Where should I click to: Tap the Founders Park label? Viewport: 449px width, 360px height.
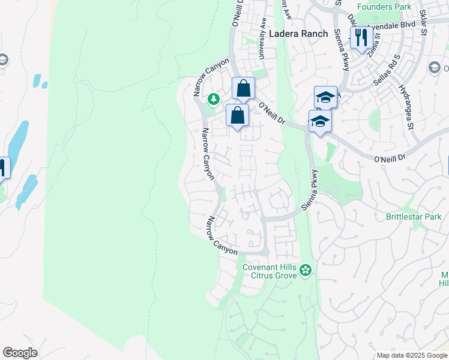[x=384, y=7]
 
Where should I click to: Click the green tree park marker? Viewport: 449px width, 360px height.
[x=212, y=98]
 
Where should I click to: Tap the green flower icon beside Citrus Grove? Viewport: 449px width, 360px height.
[x=306, y=271]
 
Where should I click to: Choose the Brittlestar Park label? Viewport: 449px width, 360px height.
[x=414, y=216]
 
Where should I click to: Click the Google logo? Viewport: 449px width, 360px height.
[x=20, y=353]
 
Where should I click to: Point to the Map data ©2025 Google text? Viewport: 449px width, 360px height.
[x=411, y=355]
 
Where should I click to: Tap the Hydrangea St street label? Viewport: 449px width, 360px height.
[x=405, y=106]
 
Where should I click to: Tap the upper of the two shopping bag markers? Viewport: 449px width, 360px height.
[x=243, y=88]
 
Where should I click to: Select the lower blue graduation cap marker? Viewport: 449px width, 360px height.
[x=320, y=122]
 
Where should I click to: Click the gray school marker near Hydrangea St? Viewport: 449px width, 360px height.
[x=434, y=68]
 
